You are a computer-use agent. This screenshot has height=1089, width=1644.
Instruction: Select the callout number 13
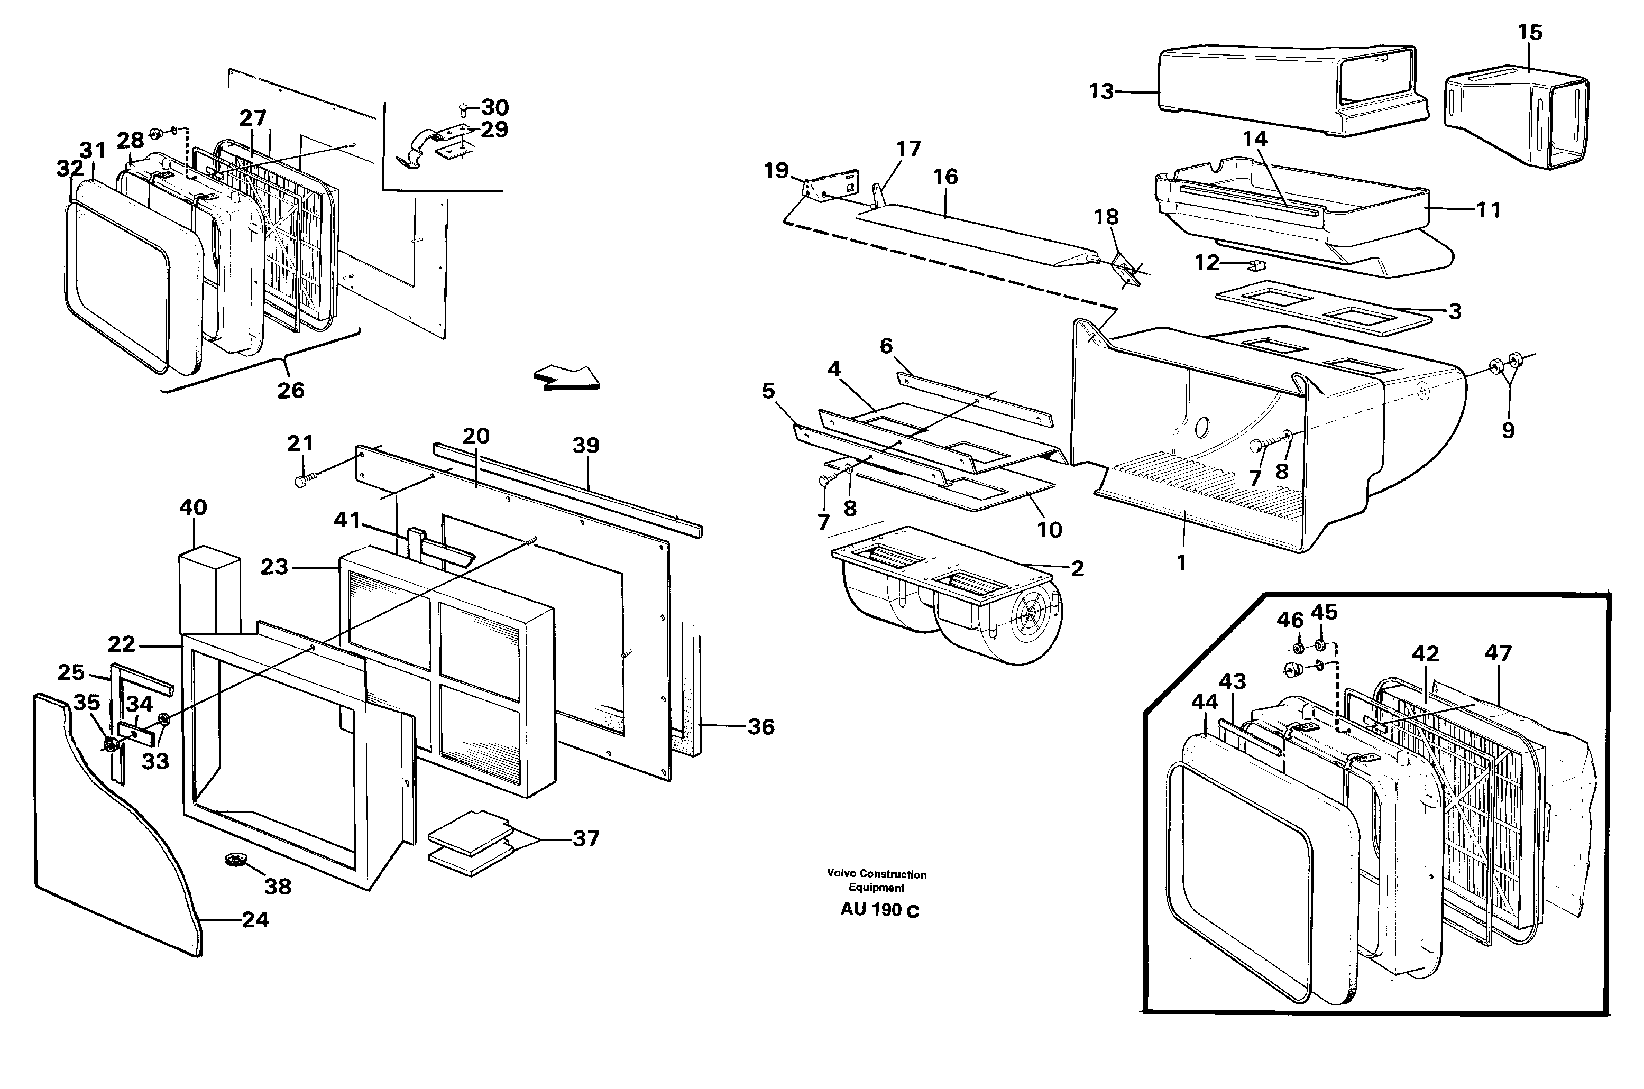[x=1101, y=91]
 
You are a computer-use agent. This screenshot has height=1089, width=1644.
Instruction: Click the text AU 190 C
[x=879, y=910]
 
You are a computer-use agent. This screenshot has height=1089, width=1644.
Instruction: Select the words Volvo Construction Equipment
[x=877, y=881]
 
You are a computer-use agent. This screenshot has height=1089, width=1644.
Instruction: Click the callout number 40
[x=193, y=507]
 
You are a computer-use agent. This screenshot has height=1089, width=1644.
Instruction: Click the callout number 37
[x=585, y=838]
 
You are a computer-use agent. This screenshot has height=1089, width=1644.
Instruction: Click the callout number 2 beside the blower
[x=1077, y=568]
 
